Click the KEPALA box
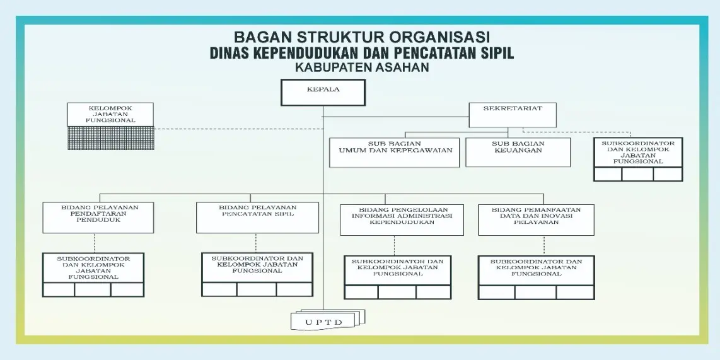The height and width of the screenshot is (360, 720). click(x=323, y=92)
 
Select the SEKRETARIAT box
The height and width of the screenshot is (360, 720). click(x=512, y=114)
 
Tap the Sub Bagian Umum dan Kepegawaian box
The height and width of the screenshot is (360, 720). click(x=394, y=153)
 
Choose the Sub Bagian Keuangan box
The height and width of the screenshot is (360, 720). click(x=518, y=152)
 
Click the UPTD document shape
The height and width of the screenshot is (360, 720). click(x=324, y=321)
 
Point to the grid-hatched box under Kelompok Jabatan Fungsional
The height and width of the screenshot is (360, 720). click(x=111, y=137)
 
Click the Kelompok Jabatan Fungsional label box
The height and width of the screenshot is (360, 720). click(x=111, y=114)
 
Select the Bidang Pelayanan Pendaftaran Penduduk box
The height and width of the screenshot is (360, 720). click(x=99, y=218)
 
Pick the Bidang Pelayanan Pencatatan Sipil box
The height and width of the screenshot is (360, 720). click(x=257, y=218)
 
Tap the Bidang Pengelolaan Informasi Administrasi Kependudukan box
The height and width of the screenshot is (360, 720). click(x=402, y=219)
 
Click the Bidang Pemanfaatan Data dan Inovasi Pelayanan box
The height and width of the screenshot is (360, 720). click(x=536, y=219)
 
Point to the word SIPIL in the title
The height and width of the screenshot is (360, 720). click(x=495, y=53)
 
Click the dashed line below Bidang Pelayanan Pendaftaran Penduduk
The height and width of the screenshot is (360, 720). click(x=95, y=243)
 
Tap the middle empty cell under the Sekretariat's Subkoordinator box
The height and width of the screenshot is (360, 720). click(x=637, y=175)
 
